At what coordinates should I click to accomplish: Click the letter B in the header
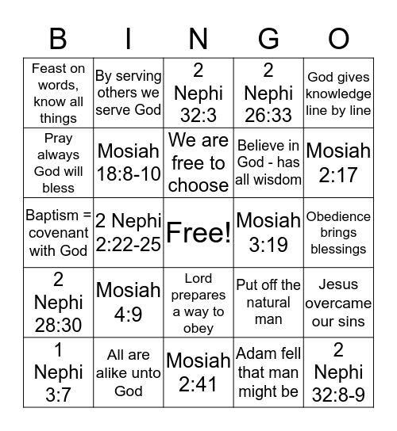tap(58, 38)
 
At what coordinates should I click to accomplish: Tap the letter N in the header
tap(198, 38)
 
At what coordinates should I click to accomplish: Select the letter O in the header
tap(339, 38)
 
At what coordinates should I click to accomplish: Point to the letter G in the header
tap(268, 38)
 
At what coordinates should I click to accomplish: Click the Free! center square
tap(198, 233)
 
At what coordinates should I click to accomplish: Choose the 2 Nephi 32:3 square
tap(198, 93)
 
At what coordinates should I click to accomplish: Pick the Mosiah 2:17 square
tap(338, 162)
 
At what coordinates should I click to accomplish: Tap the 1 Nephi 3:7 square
tap(58, 372)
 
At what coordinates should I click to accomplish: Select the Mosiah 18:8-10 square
tap(128, 162)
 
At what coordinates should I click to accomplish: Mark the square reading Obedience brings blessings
tap(338, 233)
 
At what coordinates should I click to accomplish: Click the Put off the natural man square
tap(268, 303)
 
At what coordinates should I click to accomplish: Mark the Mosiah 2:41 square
tap(198, 372)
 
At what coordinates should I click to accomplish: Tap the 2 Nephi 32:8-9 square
tap(338, 372)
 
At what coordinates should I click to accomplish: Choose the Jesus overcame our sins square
tap(338, 303)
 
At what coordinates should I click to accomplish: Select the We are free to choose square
tap(198, 162)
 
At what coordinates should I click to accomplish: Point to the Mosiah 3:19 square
tap(268, 233)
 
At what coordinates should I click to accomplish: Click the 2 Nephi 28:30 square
tap(58, 303)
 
